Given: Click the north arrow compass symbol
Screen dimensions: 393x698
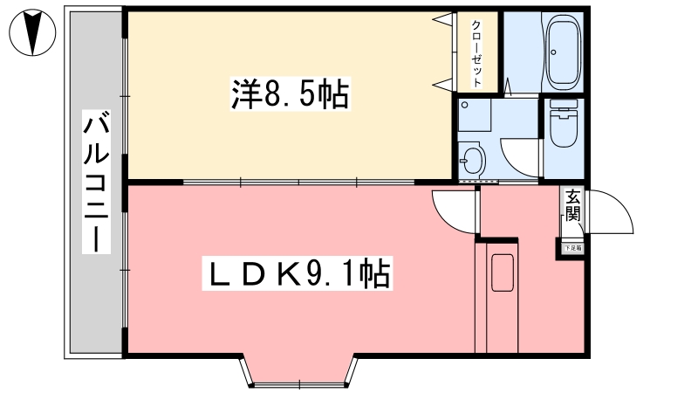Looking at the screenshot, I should (32, 32).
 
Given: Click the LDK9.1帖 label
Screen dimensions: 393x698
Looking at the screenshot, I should (297, 275).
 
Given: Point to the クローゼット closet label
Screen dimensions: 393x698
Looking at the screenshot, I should (477, 53).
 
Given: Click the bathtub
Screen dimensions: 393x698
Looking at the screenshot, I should (563, 52).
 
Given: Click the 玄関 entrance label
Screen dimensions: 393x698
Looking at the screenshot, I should (571, 206).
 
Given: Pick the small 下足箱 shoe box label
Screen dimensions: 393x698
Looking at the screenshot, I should (572, 249).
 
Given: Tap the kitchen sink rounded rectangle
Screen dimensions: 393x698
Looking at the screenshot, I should (503, 272).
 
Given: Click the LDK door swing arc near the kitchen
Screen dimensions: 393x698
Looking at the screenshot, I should (452, 210).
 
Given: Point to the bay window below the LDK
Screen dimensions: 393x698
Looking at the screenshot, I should (299, 371).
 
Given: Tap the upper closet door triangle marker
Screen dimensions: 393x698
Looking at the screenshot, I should (443, 19).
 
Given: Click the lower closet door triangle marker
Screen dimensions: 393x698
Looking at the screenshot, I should (443, 83).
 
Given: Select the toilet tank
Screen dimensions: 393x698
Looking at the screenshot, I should (563, 111).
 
